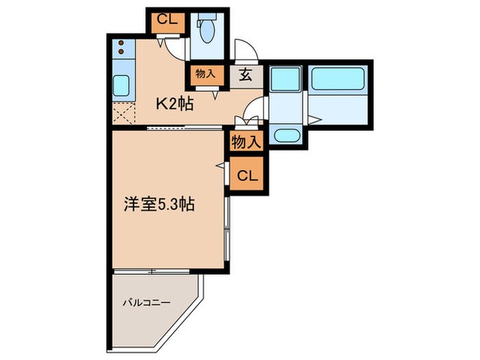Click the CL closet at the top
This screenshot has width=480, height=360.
click(x=167, y=20)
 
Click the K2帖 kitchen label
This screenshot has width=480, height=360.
click(x=174, y=104)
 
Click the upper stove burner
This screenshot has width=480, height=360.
click(x=121, y=45)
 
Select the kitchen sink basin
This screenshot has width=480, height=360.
click(x=122, y=86)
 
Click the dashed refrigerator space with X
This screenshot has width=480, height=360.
click(x=121, y=112)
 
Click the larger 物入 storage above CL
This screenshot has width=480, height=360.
click(x=245, y=143)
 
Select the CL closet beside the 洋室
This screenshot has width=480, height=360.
click(x=248, y=176)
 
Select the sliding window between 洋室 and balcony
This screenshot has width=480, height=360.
click(x=155, y=272)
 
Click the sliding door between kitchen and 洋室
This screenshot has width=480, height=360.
click(x=184, y=128)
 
